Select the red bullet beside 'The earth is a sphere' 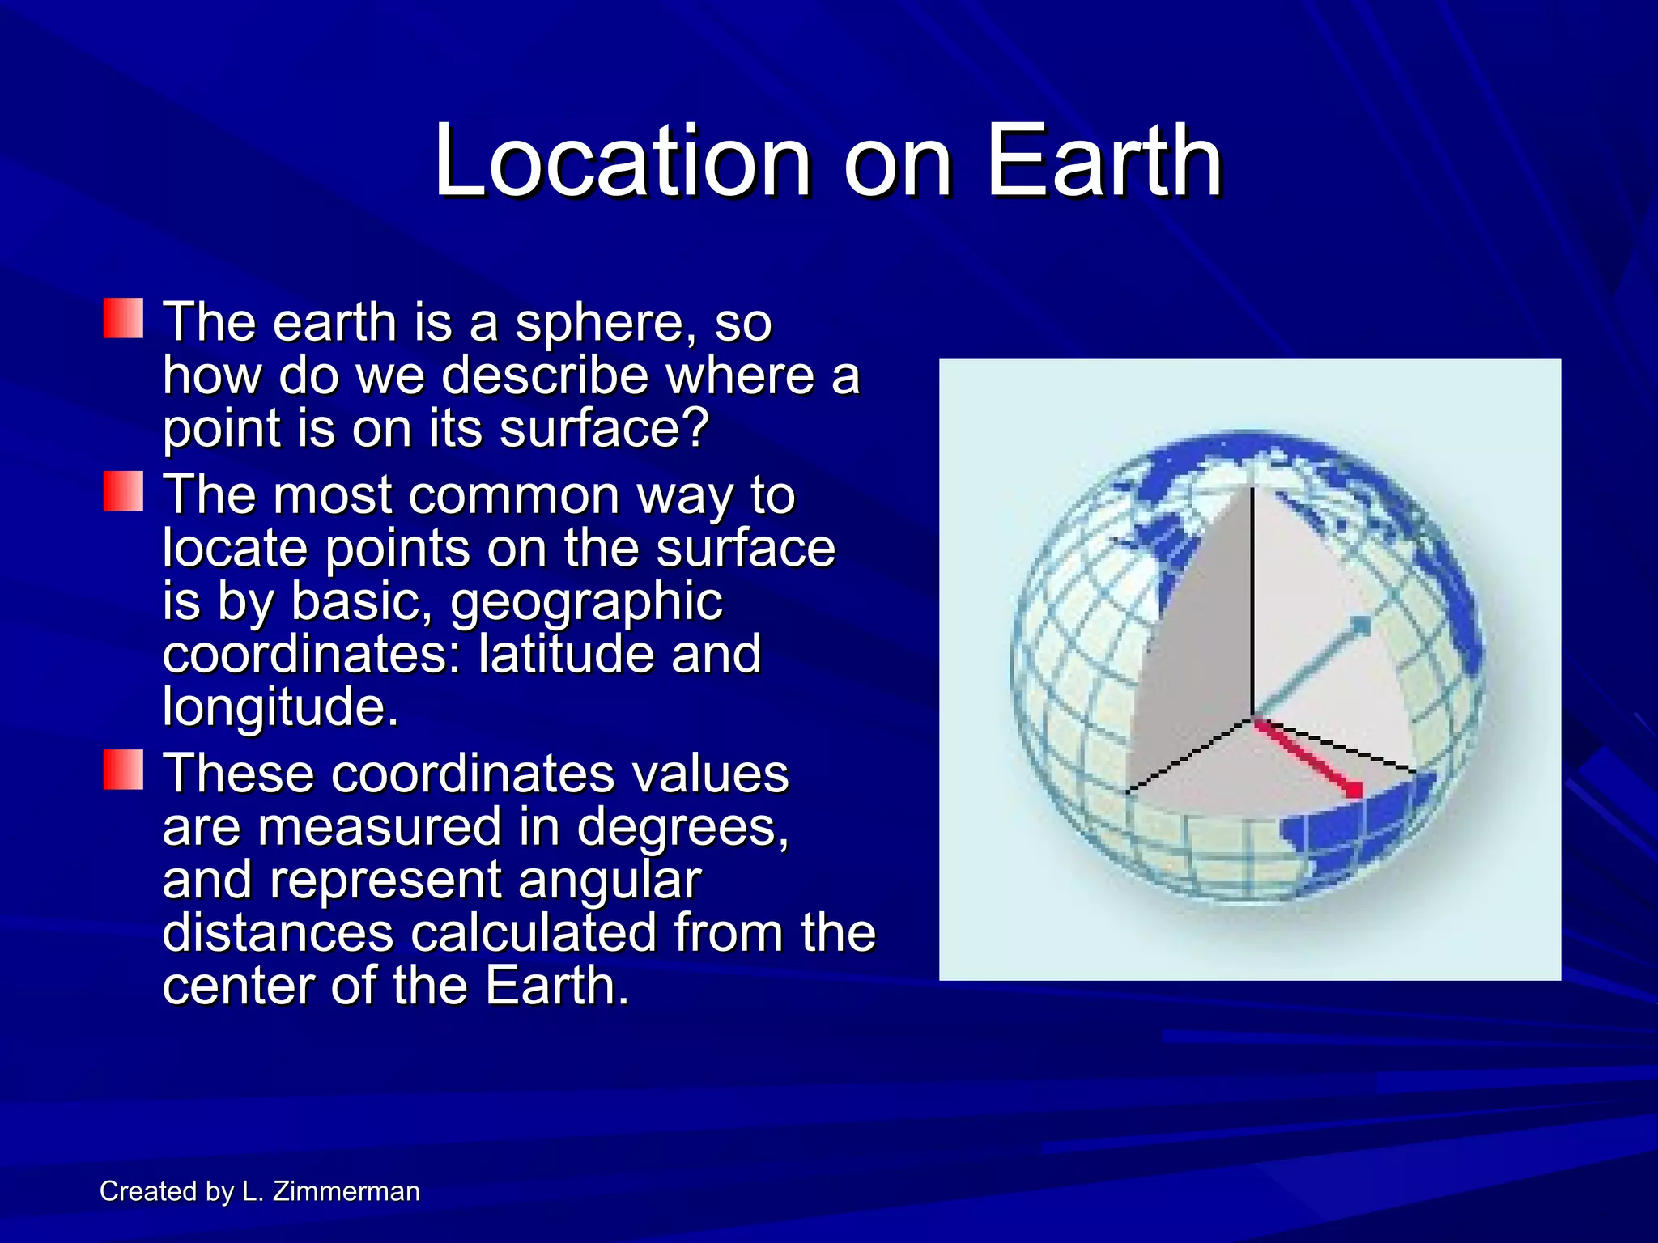(x=124, y=319)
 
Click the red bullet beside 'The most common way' (x=124, y=492)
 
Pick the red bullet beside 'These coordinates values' (x=124, y=770)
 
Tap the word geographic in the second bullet (x=586, y=603)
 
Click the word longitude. (x=280, y=707)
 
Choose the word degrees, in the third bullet (x=682, y=827)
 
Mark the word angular (x=609, y=880)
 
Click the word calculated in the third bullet (x=534, y=932)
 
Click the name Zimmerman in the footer (x=346, y=1191)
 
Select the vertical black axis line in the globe (x=1252, y=599)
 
